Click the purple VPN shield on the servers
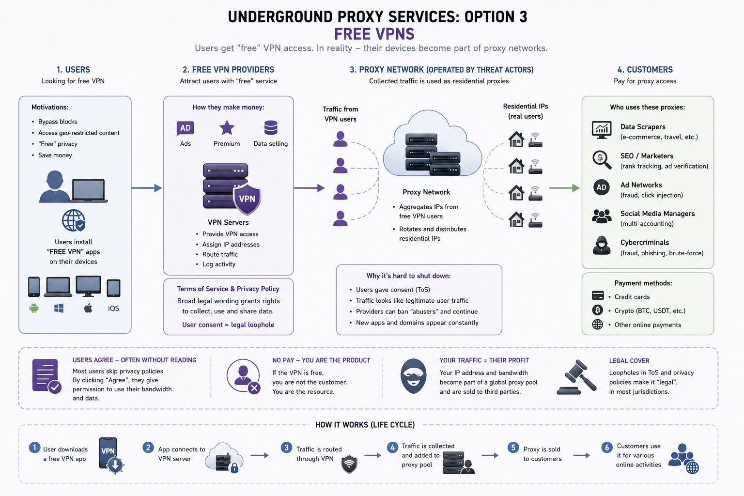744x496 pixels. pyautogui.click(x=247, y=199)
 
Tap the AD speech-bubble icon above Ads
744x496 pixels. pyautogui.click(x=186, y=128)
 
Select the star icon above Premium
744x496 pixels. pyautogui.click(x=227, y=127)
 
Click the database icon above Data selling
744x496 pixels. pyautogui.click(x=271, y=127)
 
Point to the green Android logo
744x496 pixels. pyautogui.click(x=34, y=308)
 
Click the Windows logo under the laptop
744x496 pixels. pyautogui.click(x=59, y=308)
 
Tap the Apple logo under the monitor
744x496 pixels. pyautogui.click(x=88, y=308)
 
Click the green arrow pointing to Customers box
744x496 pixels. pyautogui.click(x=564, y=188)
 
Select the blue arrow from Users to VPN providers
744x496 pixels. pyautogui.click(x=146, y=188)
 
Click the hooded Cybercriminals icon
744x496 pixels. pyautogui.click(x=602, y=246)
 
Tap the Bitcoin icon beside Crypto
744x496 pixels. pyautogui.click(x=598, y=310)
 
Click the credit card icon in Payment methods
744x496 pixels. pyautogui.click(x=598, y=295)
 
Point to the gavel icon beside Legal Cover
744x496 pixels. pyautogui.click(x=576, y=377)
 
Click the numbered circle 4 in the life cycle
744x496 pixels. pyautogui.click(x=392, y=448)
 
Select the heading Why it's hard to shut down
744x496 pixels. pyautogui.click(x=408, y=276)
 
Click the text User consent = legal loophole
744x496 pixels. pyautogui.click(x=228, y=325)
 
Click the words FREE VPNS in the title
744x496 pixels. pyautogui.click(x=374, y=34)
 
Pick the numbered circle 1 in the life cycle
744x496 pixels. pyautogui.click(x=34, y=448)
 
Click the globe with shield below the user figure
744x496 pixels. pyautogui.click(x=74, y=220)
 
